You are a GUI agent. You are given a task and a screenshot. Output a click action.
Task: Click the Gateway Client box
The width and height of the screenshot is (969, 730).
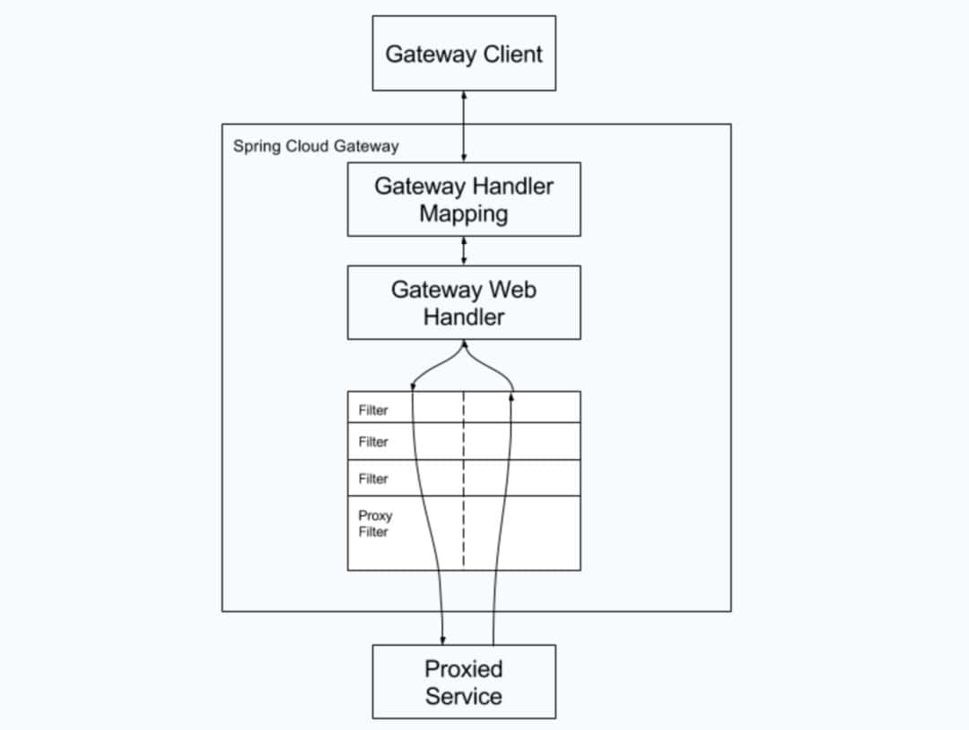464,53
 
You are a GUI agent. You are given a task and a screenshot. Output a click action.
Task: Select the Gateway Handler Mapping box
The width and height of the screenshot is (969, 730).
464,199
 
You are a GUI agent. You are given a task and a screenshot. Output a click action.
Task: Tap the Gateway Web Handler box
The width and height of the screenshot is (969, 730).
464,302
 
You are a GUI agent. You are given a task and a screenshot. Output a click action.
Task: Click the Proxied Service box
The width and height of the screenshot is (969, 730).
464,682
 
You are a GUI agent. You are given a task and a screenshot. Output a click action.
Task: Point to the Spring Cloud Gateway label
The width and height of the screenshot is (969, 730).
316,146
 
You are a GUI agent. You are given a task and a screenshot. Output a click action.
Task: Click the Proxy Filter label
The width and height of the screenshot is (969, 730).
375,523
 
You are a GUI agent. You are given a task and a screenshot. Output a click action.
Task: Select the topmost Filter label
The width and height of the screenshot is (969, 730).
373,410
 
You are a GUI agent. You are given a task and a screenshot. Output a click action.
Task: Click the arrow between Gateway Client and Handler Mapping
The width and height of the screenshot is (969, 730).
464,126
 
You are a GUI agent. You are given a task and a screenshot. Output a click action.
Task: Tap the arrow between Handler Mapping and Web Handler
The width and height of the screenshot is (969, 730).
464,251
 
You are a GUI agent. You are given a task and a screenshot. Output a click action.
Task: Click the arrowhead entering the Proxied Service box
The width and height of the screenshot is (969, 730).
442,640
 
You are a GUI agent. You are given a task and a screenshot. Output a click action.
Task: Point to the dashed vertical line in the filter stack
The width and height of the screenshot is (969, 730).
464,479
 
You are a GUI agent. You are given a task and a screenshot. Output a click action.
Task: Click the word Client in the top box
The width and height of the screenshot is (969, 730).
512,55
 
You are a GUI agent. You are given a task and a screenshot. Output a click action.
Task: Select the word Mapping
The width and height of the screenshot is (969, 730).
464,213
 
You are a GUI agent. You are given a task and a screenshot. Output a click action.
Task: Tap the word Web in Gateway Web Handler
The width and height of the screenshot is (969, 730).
513,290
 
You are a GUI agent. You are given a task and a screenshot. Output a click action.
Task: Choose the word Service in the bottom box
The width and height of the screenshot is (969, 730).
464,696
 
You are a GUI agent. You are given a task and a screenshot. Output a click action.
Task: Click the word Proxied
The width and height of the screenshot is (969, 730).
464,669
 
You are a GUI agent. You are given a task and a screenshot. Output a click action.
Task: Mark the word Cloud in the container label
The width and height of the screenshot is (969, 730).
307,146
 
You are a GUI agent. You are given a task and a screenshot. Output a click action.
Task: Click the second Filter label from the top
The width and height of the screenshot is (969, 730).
373,441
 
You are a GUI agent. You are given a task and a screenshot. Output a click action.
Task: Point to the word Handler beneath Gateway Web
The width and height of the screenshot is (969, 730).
464,317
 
